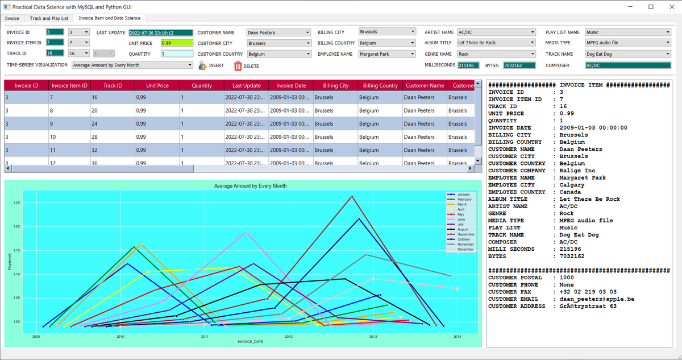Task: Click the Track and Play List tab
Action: point(49,18)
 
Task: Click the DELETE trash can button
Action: point(238,66)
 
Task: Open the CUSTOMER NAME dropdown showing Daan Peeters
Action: point(278,32)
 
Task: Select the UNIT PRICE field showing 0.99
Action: point(177,43)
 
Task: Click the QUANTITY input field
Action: point(177,54)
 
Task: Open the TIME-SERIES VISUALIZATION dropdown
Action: point(132,65)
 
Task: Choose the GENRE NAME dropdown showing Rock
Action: point(496,54)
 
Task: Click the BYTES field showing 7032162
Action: point(518,65)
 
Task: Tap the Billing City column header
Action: point(335,85)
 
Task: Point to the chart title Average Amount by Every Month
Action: point(250,186)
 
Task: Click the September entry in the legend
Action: point(465,234)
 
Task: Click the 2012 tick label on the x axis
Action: point(289,337)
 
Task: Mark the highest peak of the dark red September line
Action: point(352,197)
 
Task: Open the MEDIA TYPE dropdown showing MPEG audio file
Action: point(627,43)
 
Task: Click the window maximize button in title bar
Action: point(651,6)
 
